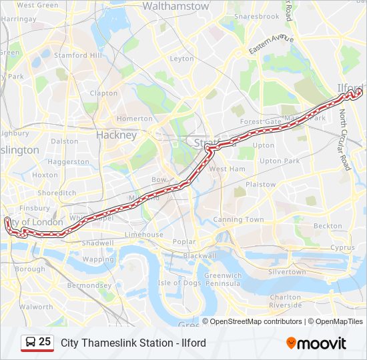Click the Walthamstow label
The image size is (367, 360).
coord(176,6)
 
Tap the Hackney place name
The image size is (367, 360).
coord(116,135)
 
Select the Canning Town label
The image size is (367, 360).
coord(238,219)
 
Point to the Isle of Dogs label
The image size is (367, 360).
coord(179,283)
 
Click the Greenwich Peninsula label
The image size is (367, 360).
coord(223,279)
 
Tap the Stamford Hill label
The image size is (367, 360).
coord(78,55)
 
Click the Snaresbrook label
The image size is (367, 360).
coord(257,16)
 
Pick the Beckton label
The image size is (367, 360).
coord(328,226)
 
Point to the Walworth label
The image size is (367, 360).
coord(36,307)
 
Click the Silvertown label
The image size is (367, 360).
coord(287,272)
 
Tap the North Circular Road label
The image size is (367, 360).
coord(344,141)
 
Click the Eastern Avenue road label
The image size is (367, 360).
coord(271,44)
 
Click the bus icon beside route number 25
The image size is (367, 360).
coord(31,343)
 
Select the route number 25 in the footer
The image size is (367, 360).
coord(45,342)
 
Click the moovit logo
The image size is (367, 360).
coord(316,343)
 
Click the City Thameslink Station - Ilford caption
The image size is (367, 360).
coord(133,343)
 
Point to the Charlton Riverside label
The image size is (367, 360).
coord(286,301)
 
